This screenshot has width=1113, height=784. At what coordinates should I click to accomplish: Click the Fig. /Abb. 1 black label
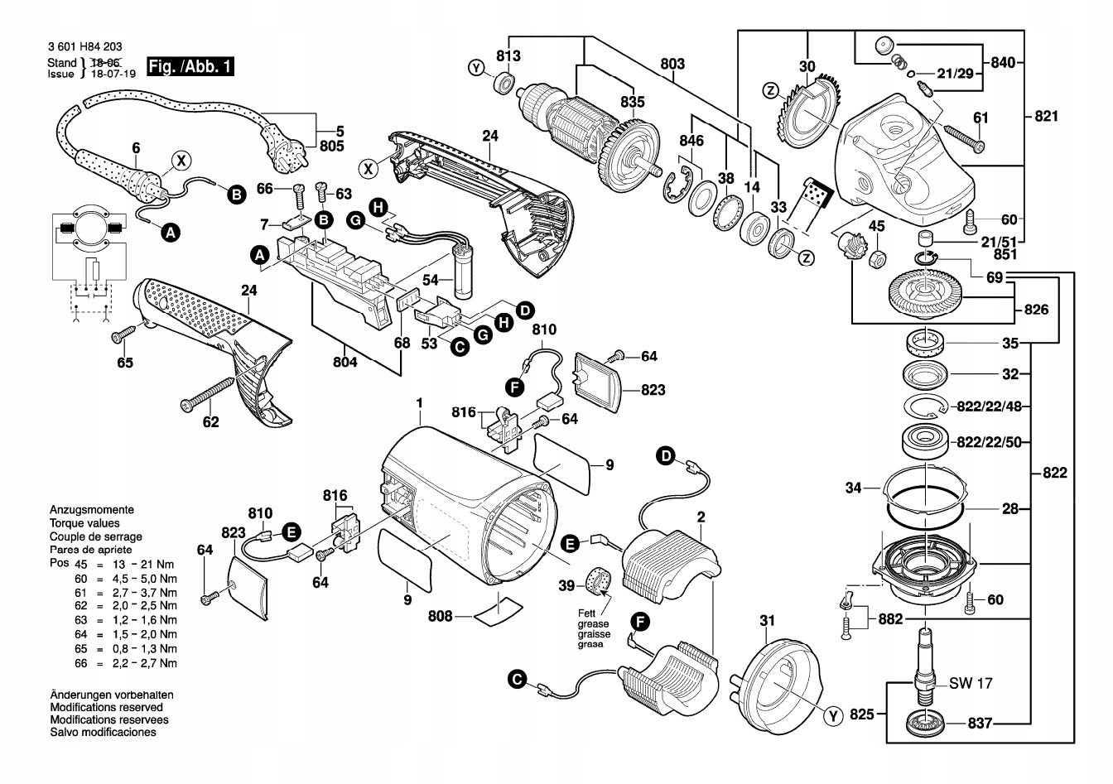point(189,66)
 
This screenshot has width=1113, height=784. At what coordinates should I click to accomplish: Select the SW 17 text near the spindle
point(971,684)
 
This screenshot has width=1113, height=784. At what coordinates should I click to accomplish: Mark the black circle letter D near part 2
point(666,455)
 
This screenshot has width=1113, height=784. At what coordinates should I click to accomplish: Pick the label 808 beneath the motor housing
point(441,615)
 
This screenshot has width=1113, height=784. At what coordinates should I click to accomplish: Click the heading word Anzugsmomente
point(92,510)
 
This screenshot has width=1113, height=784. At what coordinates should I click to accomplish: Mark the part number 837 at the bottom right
point(980,723)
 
